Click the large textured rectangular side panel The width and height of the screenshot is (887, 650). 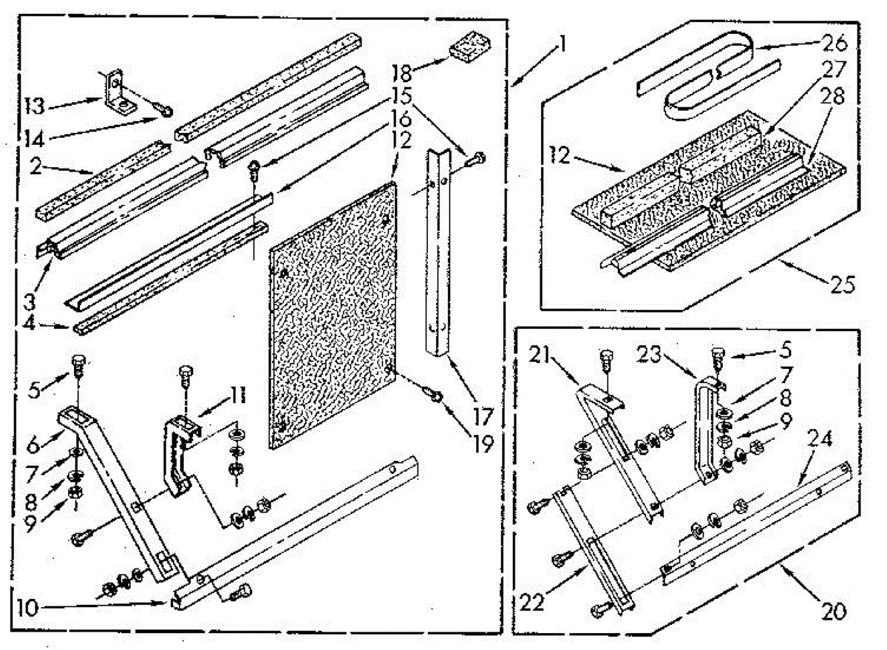click(333, 311)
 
